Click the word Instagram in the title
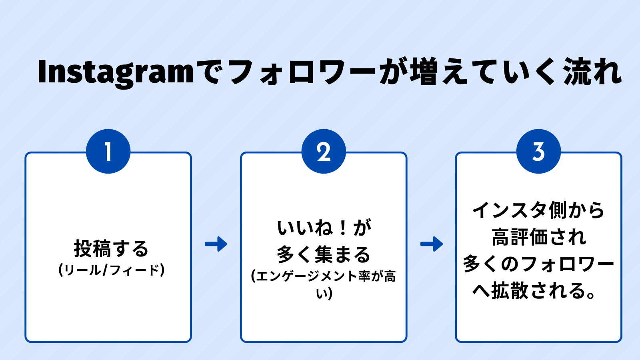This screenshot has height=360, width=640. tap(116, 72)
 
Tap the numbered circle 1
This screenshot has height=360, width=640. tap(108, 152)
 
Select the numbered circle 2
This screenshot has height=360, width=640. tap(324, 152)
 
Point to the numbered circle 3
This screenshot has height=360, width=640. tap(538, 152)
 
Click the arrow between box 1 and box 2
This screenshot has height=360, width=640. tap(216, 244)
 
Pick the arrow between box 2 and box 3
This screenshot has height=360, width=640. tap(432, 244)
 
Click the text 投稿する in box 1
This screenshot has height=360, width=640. tap(111, 249)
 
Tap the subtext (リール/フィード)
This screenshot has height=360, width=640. tap(112, 270)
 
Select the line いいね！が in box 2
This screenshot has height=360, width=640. tap(324, 228)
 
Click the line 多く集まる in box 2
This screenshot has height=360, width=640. tap(324, 254)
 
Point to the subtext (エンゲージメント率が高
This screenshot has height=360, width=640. tap(324, 276)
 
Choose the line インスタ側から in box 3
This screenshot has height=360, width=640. tap(538, 210)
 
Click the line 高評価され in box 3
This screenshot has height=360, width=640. tap(538, 237)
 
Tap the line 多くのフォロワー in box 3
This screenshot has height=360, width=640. tap(538, 264)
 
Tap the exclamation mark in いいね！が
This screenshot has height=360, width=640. tap(343, 228)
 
